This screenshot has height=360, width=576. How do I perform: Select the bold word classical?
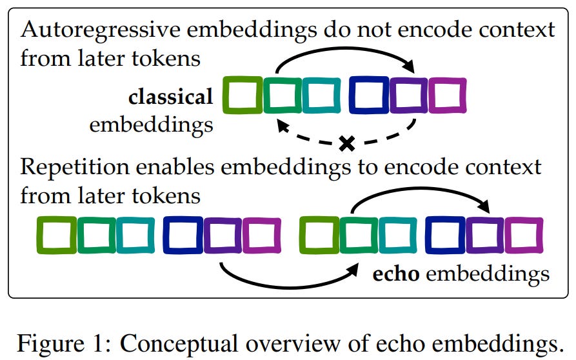pyautogui.click(x=170, y=97)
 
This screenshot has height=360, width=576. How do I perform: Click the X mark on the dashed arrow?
pyautogui.click(x=347, y=143)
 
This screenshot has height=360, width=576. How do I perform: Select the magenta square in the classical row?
pyautogui.click(x=447, y=95)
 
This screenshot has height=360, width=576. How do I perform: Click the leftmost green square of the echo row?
pyautogui.click(x=56, y=235)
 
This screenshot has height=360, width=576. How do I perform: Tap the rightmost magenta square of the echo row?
pyautogui.click(x=523, y=235)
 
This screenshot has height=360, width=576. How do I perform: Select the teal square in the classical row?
pyautogui.click(x=322, y=95)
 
